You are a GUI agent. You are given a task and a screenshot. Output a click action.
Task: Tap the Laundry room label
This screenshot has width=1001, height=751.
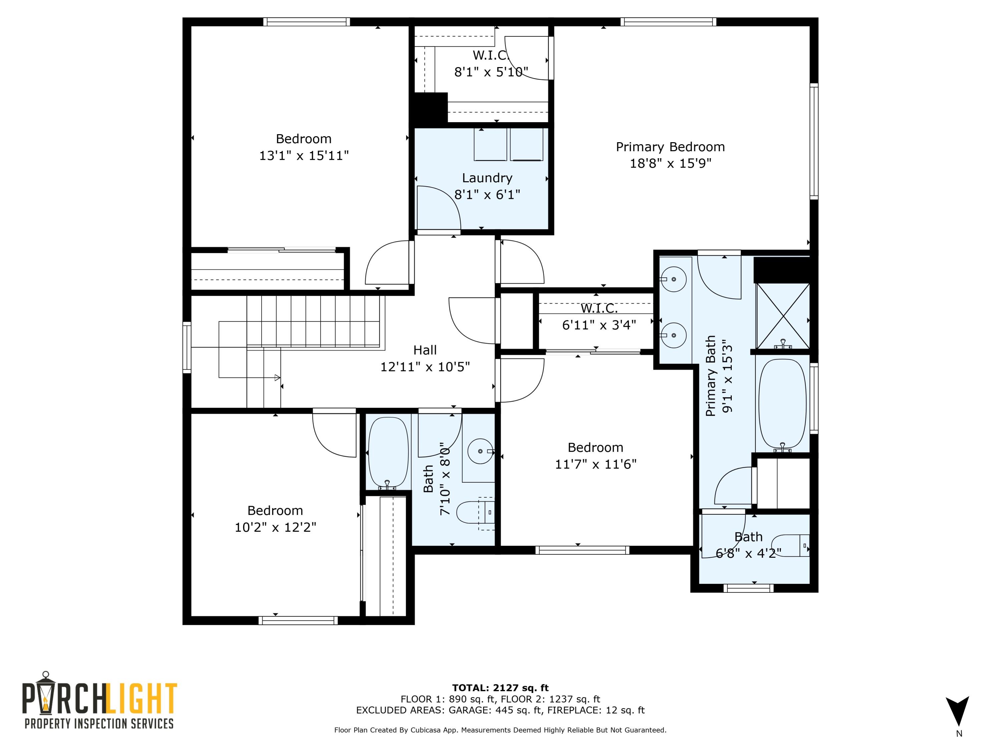coord(487,178)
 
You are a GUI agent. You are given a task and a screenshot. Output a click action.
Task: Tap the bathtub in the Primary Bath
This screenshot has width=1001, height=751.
coord(782,403)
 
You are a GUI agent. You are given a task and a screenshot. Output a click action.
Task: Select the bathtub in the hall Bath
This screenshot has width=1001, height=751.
coord(388,452)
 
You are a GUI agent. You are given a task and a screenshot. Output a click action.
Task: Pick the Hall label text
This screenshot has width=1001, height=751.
coord(425,350)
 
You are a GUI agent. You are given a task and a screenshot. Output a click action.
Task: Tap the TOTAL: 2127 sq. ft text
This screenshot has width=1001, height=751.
coord(500,688)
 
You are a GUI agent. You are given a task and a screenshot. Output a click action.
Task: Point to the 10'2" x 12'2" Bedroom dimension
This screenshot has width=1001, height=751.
coord(275,527)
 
